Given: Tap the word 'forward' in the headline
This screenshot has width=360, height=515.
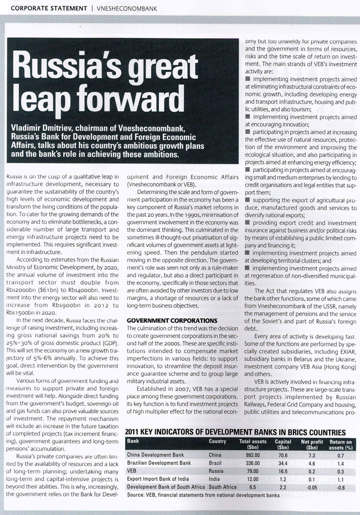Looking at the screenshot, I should pyautogui.click(x=121, y=102).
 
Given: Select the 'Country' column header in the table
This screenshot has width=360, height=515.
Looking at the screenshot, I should pyautogui.click(x=217, y=441).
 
